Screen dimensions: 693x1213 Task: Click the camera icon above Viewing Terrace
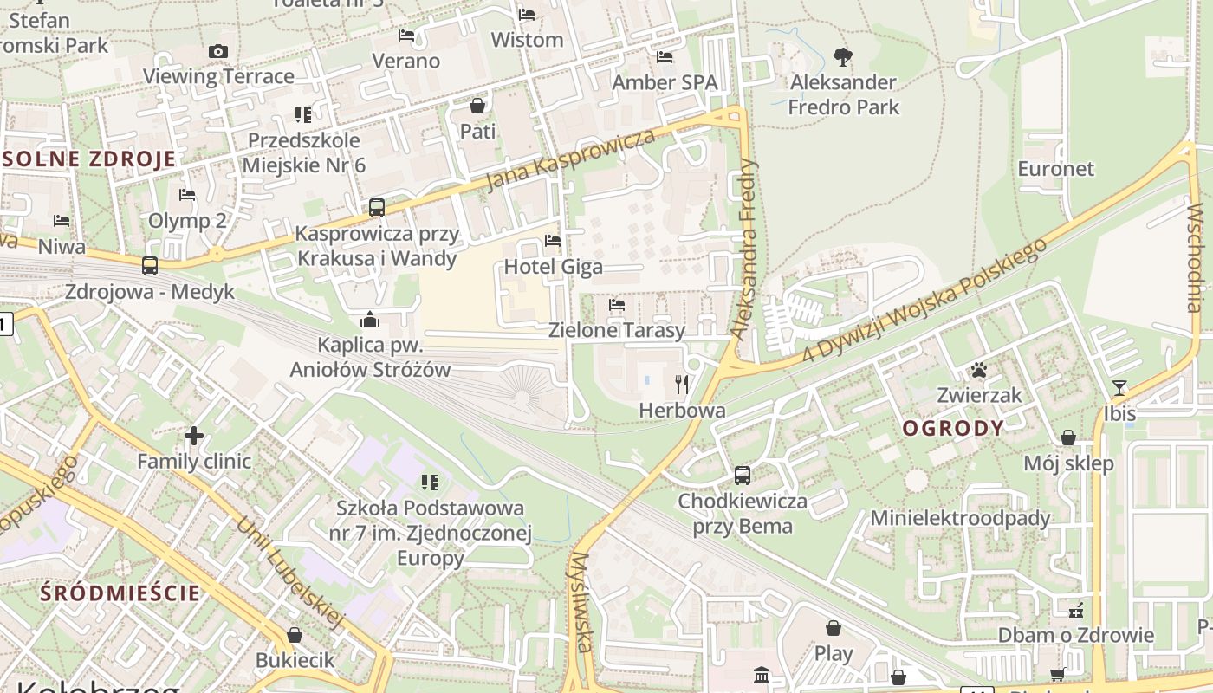(x=218, y=52)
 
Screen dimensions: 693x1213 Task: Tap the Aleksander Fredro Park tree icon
(x=842, y=58)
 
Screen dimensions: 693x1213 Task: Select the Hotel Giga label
(x=553, y=266)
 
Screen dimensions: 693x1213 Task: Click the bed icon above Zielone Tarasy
(x=617, y=305)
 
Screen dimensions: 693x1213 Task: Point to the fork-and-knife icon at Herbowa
(x=682, y=384)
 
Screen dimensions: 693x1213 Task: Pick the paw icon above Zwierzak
(x=979, y=370)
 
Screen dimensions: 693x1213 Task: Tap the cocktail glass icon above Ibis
(x=1119, y=388)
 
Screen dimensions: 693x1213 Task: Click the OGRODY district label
(x=953, y=428)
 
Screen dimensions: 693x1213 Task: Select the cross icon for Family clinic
(x=194, y=435)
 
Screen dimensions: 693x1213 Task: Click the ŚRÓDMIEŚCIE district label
(x=120, y=593)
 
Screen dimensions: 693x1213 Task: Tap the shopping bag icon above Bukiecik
(x=295, y=635)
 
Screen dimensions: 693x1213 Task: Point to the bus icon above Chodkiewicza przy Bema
(x=743, y=475)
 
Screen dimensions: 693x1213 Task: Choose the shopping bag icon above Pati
(x=477, y=106)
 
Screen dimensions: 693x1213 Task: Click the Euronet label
(x=1056, y=169)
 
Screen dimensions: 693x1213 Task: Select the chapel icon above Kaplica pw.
(x=370, y=320)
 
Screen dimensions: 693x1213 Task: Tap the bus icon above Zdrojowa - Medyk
(x=150, y=266)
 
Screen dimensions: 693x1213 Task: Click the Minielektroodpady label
(x=960, y=518)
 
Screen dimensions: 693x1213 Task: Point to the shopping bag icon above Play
(x=833, y=627)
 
